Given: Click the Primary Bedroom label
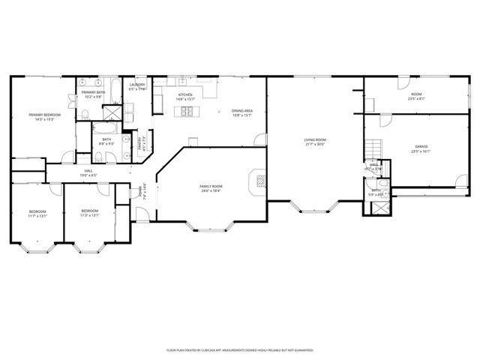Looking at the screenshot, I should coord(44,115).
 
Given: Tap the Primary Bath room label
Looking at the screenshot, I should coord(94,92).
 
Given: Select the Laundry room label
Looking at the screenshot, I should coord(136,85).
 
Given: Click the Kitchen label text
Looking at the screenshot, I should coord(184,95).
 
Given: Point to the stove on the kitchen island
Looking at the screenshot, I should coord(185,112).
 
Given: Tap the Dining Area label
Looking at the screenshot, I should coord(241,110).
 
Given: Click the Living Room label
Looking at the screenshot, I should coord(314,140).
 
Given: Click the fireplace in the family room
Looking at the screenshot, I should coord(259,180).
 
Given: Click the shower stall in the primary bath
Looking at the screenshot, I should coord(112,112).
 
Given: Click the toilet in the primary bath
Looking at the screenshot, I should coord(86,113).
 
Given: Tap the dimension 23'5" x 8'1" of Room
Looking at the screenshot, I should coord(416,98).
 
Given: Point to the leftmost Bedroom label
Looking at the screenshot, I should coord(37,211).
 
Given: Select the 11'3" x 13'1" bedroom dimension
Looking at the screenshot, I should coord(90,215).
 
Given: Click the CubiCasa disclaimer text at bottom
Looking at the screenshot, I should coord(239,349).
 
